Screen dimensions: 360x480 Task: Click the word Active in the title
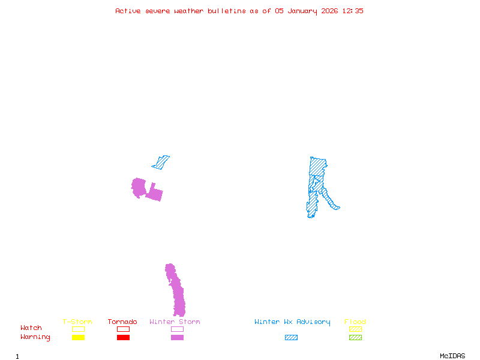128,11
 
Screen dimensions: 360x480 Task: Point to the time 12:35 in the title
353,11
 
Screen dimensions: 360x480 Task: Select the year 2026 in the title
329,11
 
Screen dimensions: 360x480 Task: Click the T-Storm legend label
77,322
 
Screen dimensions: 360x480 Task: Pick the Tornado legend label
122,322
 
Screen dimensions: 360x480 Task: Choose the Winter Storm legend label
175,322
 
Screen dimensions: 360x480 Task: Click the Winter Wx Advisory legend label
292,322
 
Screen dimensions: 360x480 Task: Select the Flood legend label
355,322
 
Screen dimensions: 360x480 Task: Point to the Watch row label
31,328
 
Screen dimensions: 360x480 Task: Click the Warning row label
35,337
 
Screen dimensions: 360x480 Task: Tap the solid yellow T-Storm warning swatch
78,338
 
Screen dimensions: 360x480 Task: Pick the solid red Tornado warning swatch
123,338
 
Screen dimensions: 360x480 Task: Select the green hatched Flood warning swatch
355,338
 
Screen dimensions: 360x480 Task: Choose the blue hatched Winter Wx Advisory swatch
291,338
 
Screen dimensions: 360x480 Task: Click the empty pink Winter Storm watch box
177,329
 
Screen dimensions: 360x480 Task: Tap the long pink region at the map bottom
177,294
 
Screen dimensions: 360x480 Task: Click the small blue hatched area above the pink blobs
161,161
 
